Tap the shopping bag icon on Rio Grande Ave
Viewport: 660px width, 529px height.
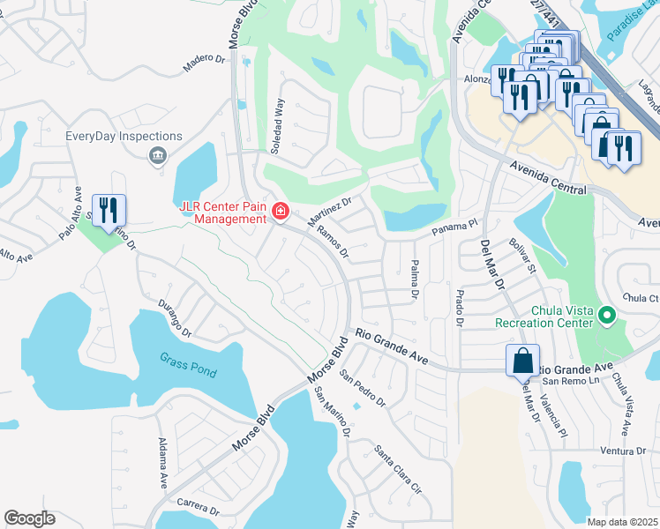point(522,361)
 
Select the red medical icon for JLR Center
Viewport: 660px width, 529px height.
point(281,211)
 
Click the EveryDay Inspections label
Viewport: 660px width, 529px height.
point(124,137)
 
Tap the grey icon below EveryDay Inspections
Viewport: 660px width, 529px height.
point(157,156)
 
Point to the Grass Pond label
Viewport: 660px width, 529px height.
point(188,365)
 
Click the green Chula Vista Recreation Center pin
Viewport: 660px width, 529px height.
point(606,315)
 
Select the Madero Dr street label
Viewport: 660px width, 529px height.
point(204,63)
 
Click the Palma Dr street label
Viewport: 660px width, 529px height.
point(414,279)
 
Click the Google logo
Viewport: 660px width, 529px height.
point(29,518)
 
